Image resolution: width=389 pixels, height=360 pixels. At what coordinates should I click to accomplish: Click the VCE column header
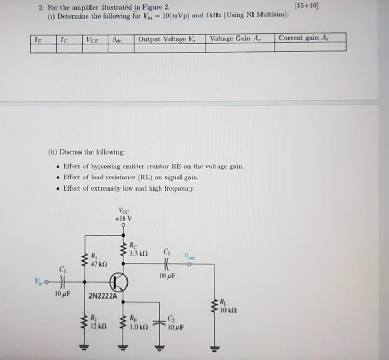(x=93, y=39)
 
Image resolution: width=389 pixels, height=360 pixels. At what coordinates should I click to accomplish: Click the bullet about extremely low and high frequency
(x=129, y=188)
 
